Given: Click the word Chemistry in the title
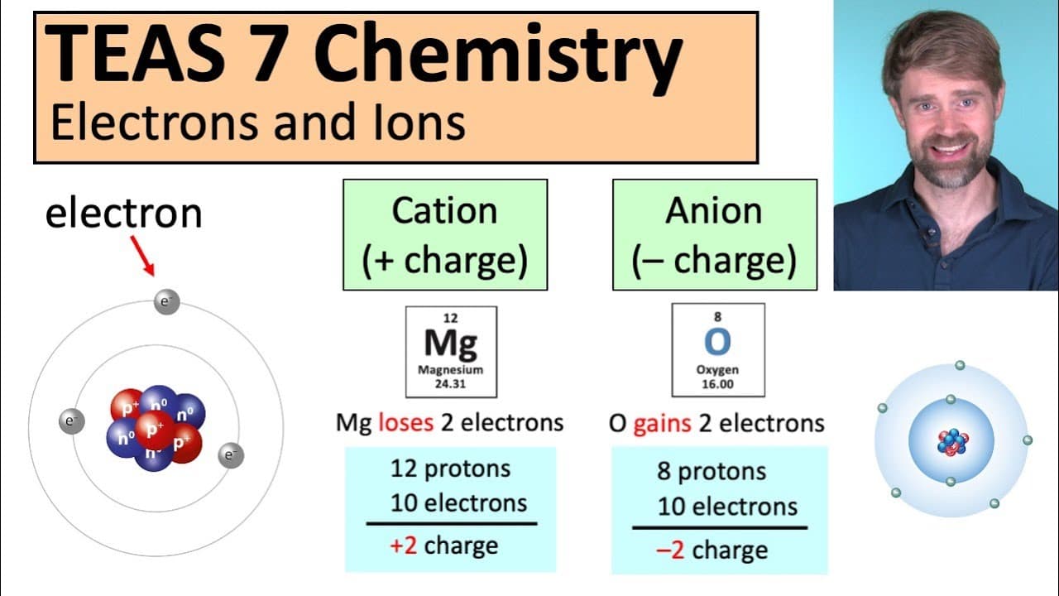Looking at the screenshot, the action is pos(498,54).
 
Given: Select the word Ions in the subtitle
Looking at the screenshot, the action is pos(419,123).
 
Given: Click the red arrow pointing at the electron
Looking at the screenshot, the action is pos(142,256).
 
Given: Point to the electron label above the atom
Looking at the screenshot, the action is pos(124,214).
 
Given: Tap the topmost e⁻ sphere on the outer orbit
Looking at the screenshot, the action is pos(167,302).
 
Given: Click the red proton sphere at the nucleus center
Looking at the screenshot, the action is pos(155,430).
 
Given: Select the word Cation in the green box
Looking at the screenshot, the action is pos(444,210).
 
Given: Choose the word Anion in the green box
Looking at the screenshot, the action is pos(714,210).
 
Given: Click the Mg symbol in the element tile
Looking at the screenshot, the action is pos(451,343).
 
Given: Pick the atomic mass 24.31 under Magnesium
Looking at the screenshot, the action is pos(450,384).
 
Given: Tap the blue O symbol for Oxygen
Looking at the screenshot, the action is pos(717,342).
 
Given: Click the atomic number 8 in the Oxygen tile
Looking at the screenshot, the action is pos(717,316).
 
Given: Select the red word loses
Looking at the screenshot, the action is pos(405,422).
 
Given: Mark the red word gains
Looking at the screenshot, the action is pos(662,424).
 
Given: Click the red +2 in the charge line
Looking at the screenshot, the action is pos(403,546).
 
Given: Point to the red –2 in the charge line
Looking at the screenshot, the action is pos(670,550).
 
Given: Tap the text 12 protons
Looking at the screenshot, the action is pos(451,469).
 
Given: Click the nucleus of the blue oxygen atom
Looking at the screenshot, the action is pos(952,442).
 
